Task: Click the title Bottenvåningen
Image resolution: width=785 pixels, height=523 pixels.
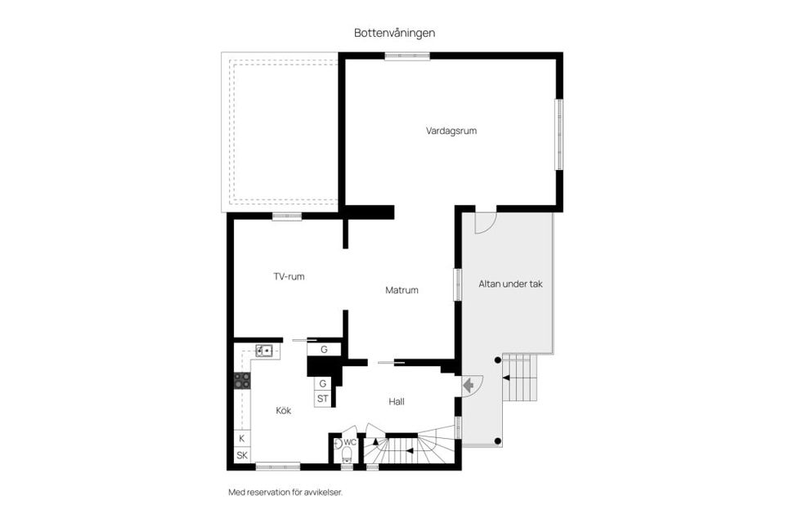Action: coord(394,33)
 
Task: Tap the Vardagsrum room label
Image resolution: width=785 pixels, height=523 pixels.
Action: coord(451,131)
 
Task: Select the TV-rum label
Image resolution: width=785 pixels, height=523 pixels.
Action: coord(289,276)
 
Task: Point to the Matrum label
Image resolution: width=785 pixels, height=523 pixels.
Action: coord(401,290)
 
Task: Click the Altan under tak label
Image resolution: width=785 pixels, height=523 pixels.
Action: coord(510,284)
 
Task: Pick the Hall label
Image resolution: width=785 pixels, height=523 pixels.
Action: coord(397,401)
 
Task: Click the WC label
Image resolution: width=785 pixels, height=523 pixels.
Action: coord(350,442)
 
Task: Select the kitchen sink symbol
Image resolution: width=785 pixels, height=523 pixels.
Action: coord(264,351)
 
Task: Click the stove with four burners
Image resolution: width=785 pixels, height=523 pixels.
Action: coord(242,380)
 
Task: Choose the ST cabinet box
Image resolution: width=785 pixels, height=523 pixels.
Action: coord(323,399)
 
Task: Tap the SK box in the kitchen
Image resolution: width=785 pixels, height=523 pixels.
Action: coord(242,455)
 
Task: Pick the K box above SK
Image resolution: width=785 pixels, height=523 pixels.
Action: coord(242,439)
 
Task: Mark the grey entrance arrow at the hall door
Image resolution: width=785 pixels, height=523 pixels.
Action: coord(469,385)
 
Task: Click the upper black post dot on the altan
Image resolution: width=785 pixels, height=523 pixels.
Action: coord(497,360)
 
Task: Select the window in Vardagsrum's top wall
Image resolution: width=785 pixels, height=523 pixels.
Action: coord(407,56)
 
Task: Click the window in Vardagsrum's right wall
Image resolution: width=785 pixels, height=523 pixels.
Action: coord(559,135)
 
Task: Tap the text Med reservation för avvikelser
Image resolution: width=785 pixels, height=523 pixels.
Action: coord(285,493)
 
